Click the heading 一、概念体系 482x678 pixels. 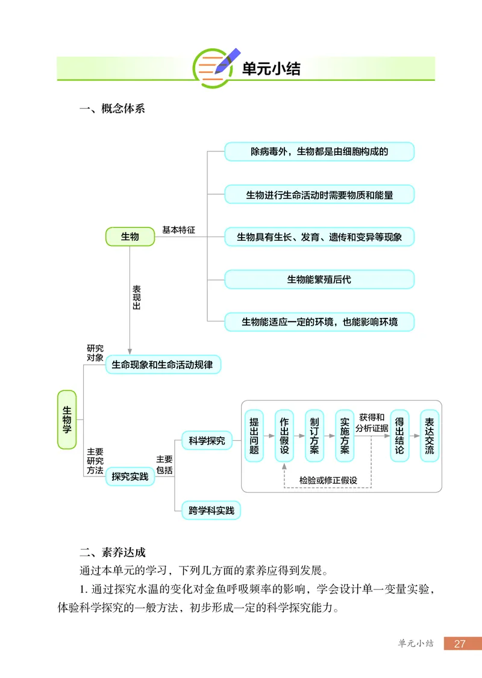[112, 109]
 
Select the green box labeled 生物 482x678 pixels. [130, 236]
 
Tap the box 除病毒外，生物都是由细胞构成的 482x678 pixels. [319, 151]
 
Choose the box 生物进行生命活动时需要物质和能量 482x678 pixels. [319, 194]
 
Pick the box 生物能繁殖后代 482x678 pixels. [319, 279]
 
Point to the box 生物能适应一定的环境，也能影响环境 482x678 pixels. [319, 322]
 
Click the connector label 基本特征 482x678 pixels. [179, 231]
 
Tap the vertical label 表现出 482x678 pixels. [136, 297]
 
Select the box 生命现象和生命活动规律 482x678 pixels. [163, 364]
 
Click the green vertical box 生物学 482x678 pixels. [67, 419]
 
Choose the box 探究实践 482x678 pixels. [130, 477]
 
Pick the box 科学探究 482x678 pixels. [207, 441]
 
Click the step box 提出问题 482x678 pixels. [254, 436]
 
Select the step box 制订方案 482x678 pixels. [315, 436]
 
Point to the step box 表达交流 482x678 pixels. [429, 436]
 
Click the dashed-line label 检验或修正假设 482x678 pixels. [328, 481]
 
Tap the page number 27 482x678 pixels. [460, 644]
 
